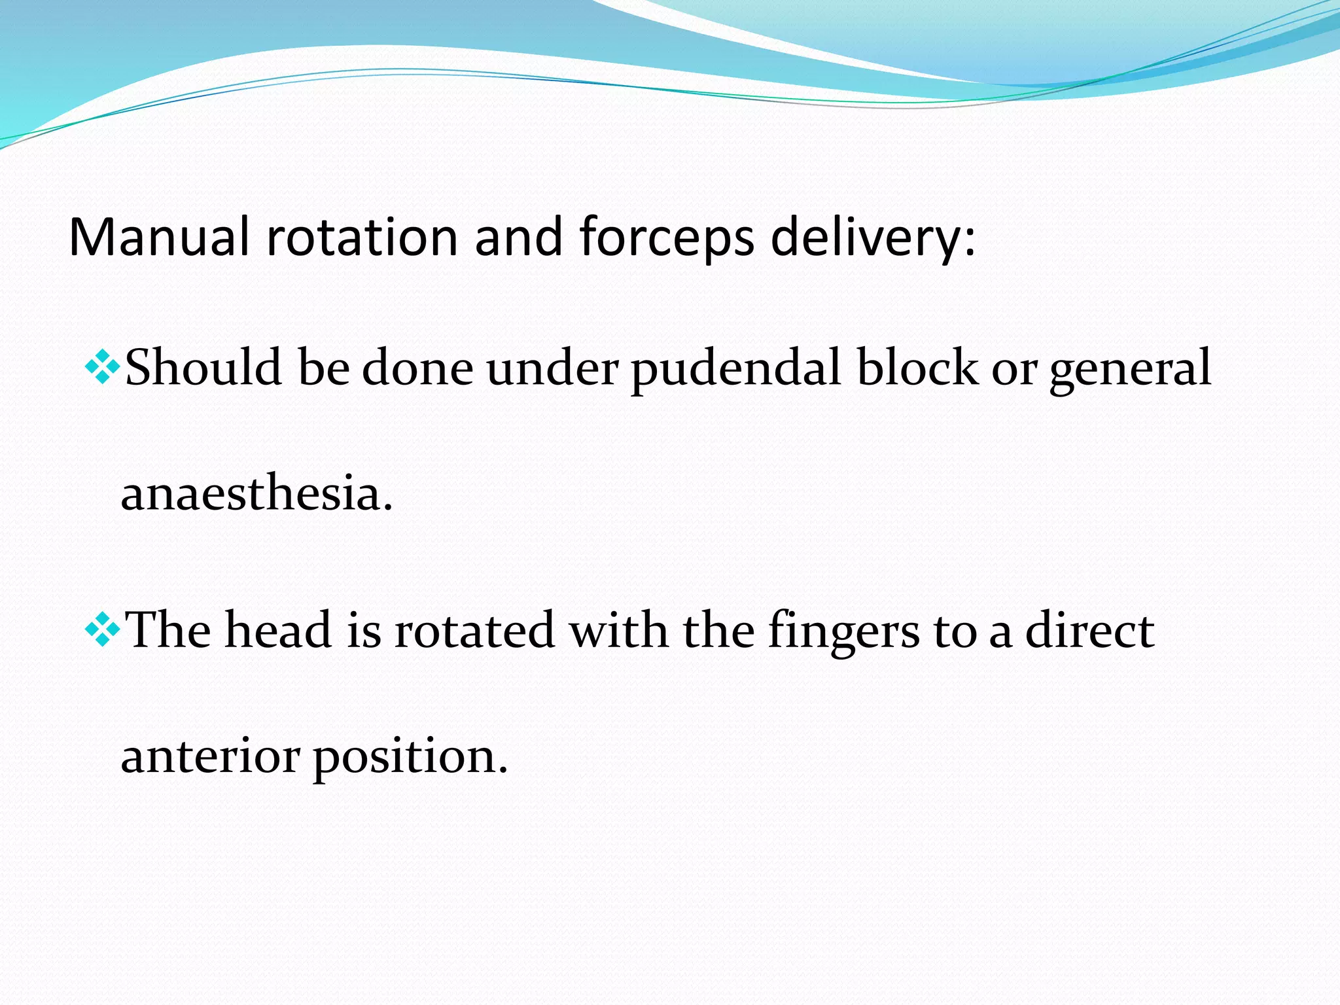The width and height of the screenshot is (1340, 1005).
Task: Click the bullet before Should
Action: point(103,367)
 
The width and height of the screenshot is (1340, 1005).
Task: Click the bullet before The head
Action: point(103,630)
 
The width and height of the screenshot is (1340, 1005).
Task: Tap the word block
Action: point(916,368)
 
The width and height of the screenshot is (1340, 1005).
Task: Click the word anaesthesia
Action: point(256,493)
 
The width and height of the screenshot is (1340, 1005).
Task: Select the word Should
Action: point(203,368)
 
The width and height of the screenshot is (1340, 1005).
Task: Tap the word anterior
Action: point(210,756)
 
